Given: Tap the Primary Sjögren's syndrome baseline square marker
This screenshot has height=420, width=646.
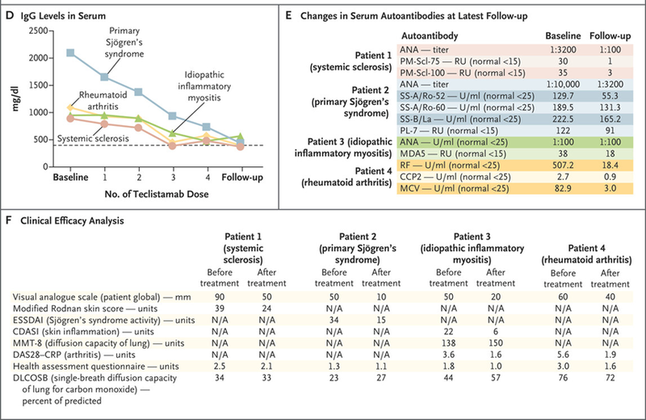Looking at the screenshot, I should coord(70,52).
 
